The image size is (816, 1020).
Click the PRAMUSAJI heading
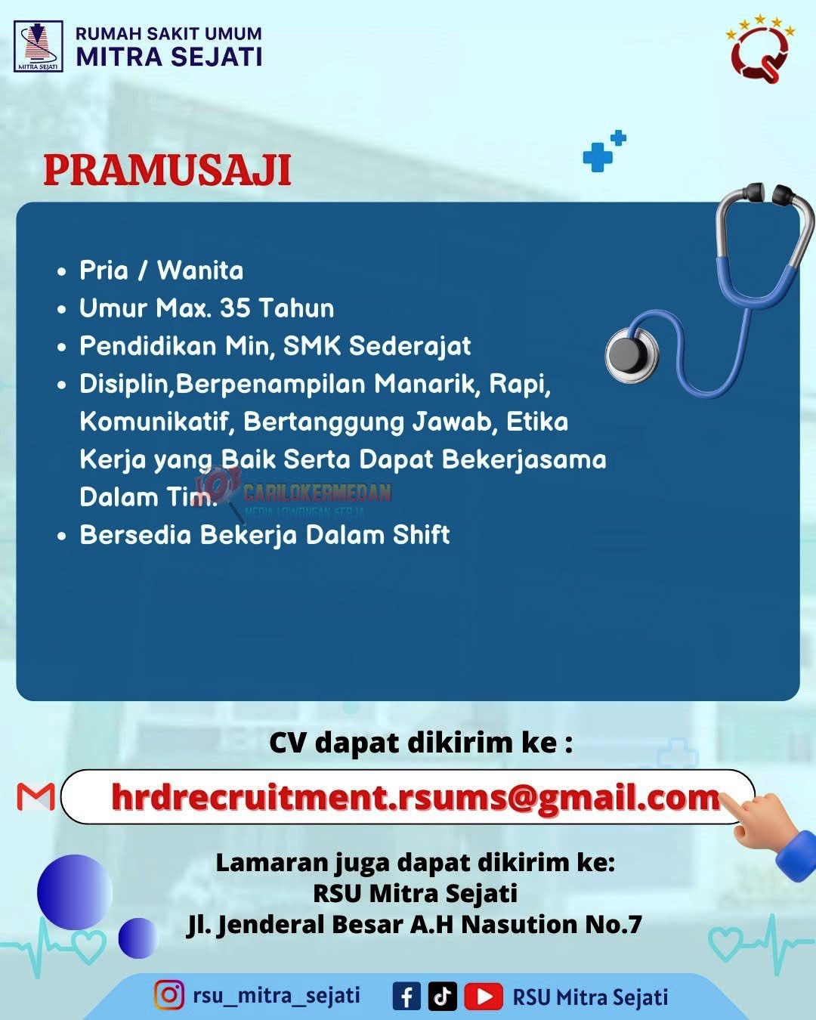click(167, 169)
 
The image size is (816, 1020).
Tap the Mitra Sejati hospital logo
click(39, 47)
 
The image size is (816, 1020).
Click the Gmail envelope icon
click(36, 797)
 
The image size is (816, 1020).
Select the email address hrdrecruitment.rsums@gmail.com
click(416, 797)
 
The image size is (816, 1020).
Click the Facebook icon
click(406, 996)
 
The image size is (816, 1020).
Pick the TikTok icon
click(443, 996)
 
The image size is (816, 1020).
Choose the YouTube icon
click(484, 996)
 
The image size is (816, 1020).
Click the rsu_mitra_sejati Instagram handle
click(277, 995)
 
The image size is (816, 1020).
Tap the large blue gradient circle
click(75, 892)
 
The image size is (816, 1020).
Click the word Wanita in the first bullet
click(200, 270)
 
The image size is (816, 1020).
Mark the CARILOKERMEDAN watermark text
click(317, 493)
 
